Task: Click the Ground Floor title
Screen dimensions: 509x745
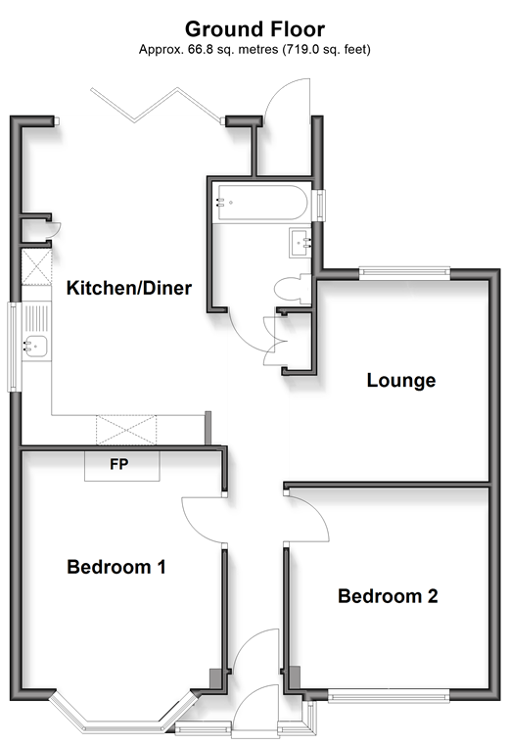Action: [x=254, y=29]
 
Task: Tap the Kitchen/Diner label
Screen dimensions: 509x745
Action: [x=129, y=288]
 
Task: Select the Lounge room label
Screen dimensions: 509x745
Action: [x=401, y=381]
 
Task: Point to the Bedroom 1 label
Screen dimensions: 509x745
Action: [x=116, y=567]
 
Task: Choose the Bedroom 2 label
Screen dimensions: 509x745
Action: [x=388, y=596]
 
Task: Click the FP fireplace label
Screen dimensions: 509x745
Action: [x=118, y=464]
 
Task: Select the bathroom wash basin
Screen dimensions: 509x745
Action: [x=301, y=243]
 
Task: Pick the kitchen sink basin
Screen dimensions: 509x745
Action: [x=35, y=346]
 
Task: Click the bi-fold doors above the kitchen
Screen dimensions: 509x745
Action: [x=157, y=106]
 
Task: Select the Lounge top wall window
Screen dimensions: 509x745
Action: [x=404, y=272]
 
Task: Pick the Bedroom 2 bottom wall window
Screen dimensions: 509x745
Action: [x=389, y=697]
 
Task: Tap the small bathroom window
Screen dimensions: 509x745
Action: [x=322, y=206]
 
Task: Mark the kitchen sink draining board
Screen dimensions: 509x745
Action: [x=36, y=317]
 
